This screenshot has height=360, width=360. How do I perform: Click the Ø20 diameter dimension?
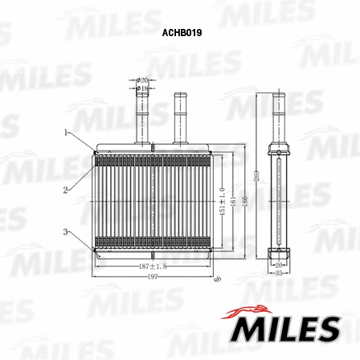(x=143, y=80)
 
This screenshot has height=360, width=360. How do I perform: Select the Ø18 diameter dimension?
(x=143, y=88)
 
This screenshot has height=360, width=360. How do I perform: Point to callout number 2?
(x=65, y=190)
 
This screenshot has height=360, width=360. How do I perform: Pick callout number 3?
(x=65, y=231)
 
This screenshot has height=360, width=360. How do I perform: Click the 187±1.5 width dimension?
(x=152, y=265)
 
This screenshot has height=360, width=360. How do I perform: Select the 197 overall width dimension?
(x=153, y=276)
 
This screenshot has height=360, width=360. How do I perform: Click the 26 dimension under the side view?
(x=277, y=264)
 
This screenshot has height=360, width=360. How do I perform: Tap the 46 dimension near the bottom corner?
(x=218, y=279)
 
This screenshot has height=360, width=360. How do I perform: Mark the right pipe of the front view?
(x=181, y=117)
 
